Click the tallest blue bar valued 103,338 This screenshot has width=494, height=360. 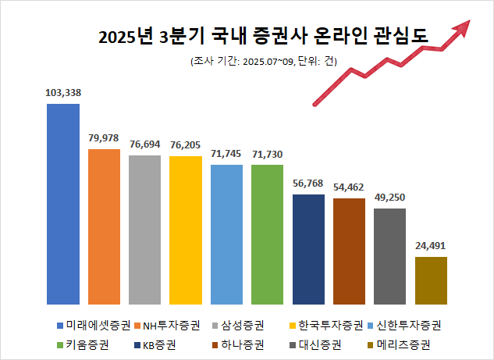(63, 203)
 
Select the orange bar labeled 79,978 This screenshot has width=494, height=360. (104, 226)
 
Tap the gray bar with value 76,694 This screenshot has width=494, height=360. (144, 229)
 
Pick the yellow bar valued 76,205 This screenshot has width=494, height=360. (186, 230)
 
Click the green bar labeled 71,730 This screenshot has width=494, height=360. (267, 233)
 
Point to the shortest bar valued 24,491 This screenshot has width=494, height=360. (431, 280)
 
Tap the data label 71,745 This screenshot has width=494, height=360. (226, 155)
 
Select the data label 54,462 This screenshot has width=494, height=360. (349, 188)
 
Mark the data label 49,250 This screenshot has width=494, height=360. (389, 198)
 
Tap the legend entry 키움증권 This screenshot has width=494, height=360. (83, 344)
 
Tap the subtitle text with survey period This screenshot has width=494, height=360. (263, 62)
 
